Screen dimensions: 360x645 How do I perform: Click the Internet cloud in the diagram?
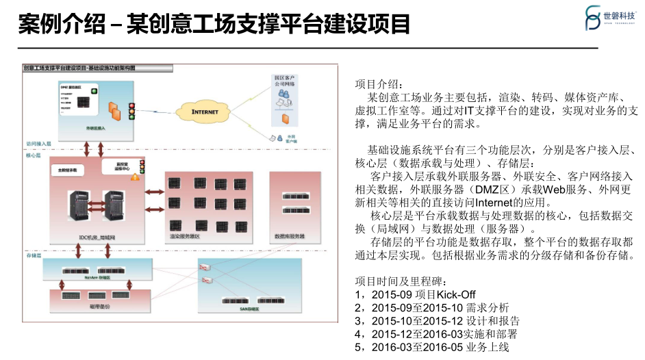[x=204, y=111]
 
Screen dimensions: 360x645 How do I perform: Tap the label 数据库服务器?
[x=289, y=236]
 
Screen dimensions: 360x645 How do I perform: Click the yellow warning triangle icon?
[x=135, y=177]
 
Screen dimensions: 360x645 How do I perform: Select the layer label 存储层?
[x=34, y=255]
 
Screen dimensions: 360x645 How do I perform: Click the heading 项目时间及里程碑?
[x=401, y=281]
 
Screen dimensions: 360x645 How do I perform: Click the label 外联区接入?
[x=95, y=128]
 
